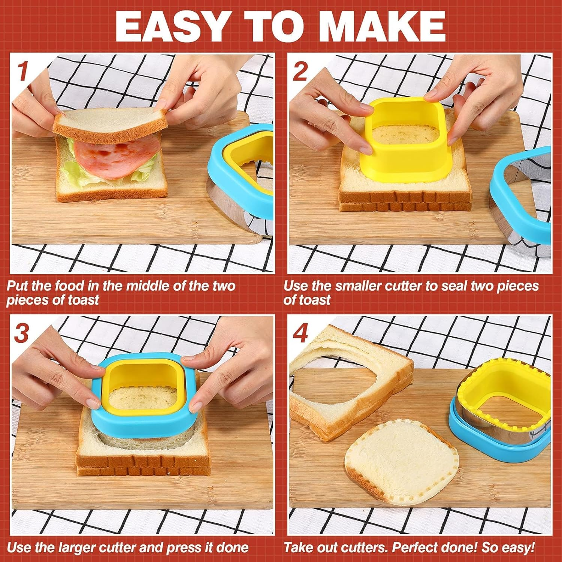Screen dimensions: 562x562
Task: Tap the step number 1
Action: (23, 71)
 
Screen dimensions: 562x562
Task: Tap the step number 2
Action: (300, 71)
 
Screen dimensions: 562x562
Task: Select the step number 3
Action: (22, 333)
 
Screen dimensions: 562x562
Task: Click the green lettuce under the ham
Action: (73, 170)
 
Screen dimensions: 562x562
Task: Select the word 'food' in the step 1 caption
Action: (70, 286)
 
